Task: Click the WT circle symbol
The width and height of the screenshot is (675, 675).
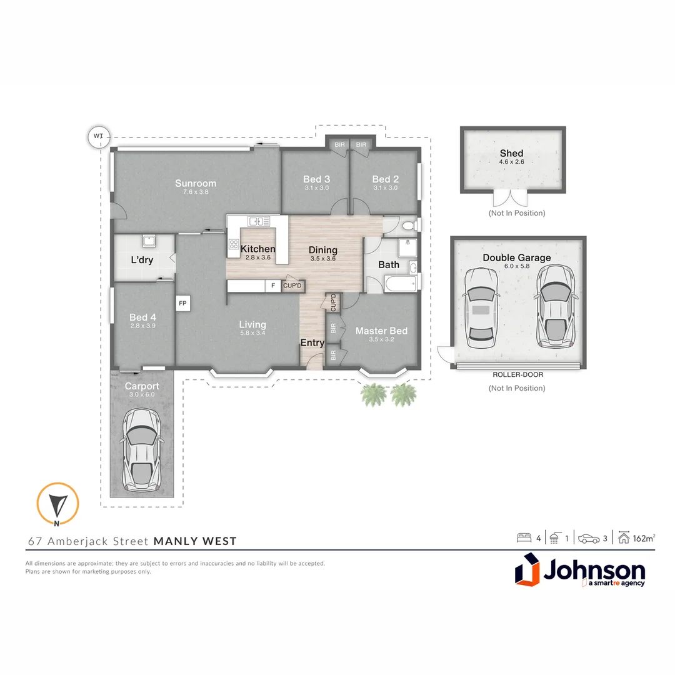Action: [x=98, y=136]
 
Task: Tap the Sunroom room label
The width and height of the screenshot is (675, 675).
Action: [x=196, y=183]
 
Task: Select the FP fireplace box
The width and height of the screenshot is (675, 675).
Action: [x=183, y=304]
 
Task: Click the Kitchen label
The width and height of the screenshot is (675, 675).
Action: [x=257, y=249]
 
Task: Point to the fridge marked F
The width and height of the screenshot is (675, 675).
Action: [x=272, y=286]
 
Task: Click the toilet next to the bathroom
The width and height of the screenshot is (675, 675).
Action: [x=409, y=225]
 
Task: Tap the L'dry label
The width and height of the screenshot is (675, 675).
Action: [x=142, y=260]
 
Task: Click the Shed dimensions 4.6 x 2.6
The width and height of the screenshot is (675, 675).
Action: [x=511, y=162]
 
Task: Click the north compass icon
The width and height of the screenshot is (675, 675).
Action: [x=57, y=503]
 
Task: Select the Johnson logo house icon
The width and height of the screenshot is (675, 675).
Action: [x=527, y=572]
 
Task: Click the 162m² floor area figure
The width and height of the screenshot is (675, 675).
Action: [x=644, y=537]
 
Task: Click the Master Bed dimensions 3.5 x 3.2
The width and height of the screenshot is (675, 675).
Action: [x=381, y=341]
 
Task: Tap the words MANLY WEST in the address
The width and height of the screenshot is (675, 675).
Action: [x=195, y=541]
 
